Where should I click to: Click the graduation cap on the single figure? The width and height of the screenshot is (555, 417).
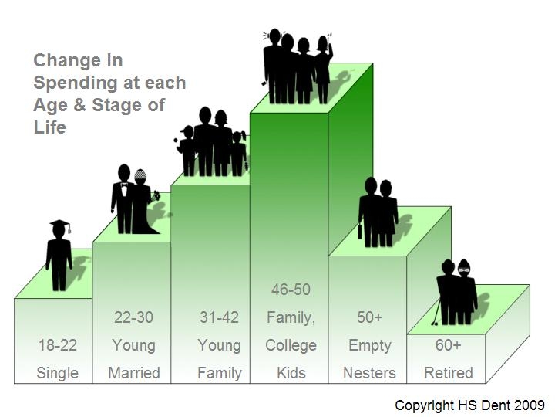click(x=59, y=224)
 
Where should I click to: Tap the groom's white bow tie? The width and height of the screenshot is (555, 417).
click(x=124, y=185)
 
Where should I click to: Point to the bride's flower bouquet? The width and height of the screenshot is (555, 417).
click(x=156, y=195)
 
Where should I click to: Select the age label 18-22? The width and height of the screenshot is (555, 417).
click(x=58, y=345)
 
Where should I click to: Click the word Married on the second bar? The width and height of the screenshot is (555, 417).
click(x=134, y=373)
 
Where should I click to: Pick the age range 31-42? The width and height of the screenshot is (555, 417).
click(x=219, y=317)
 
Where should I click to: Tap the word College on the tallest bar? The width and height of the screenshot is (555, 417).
click(x=291, y=345)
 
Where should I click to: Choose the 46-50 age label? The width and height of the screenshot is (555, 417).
click(x=291, y=290)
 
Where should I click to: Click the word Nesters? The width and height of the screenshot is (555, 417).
click(x=369, y=373)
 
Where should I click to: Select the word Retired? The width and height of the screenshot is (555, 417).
click(x=449, y=373)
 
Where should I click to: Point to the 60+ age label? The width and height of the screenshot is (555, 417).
click(x=449, y=345)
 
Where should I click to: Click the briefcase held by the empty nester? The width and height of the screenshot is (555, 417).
click(x=360, y=231)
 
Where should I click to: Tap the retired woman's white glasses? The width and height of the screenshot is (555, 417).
click(x=464, y=270)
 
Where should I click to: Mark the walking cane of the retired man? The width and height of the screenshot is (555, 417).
click(x=436, y=313)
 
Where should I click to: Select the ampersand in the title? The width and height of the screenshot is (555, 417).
click(x=79, y=105)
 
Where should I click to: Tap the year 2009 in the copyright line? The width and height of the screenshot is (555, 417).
click(x=530, y=405)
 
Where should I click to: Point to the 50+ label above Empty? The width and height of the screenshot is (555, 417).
click(x=369, y=317)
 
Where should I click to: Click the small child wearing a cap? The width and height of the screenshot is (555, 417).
click(x=187, y=151)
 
